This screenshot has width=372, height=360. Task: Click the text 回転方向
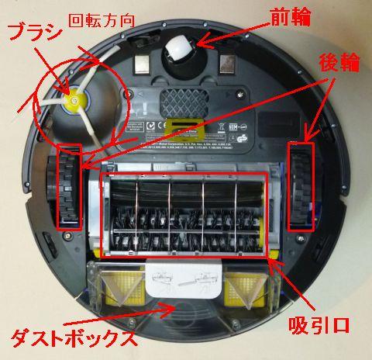pos(98,19)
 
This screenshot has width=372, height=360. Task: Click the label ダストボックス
pos(74,337)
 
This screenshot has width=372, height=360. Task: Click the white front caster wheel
pos(179,50)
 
